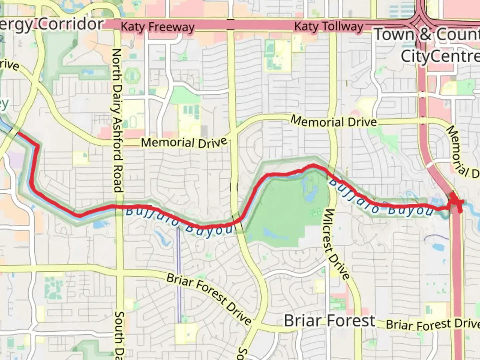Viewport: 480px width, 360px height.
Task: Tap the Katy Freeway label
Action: (x=157, y=27)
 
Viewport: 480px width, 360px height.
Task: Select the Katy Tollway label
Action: (x=329, y=26)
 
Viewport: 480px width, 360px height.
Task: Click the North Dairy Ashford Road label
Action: (x=117, y=120)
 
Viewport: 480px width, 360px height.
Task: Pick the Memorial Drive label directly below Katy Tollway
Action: (x=334, y=121)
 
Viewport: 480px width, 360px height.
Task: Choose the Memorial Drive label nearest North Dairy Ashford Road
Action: (x=184, y=143)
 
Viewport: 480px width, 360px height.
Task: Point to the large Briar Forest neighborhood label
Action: (x=329, y=321)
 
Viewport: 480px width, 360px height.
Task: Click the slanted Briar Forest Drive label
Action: (x=209, y=299)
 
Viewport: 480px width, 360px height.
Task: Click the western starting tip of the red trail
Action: (x=19, y=133)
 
